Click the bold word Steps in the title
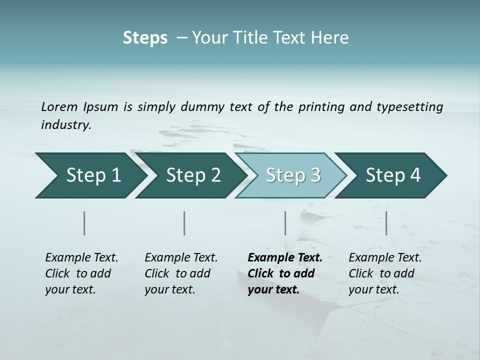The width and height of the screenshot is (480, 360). [145, 38]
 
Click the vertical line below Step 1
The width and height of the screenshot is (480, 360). [84, 223]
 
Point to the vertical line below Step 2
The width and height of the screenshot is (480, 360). [184, 223]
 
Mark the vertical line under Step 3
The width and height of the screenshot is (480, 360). [285, 223]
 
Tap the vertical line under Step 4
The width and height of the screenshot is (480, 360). [386, 223]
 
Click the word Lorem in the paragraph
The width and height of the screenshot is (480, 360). [59, 106]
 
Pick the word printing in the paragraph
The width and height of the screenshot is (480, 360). [321, 106]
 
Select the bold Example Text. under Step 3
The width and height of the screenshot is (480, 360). [285, 258]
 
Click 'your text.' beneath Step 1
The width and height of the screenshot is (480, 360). [70, 289]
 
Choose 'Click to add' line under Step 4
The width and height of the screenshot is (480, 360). [381, 273]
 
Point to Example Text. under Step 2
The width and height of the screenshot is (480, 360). [181, 258]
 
